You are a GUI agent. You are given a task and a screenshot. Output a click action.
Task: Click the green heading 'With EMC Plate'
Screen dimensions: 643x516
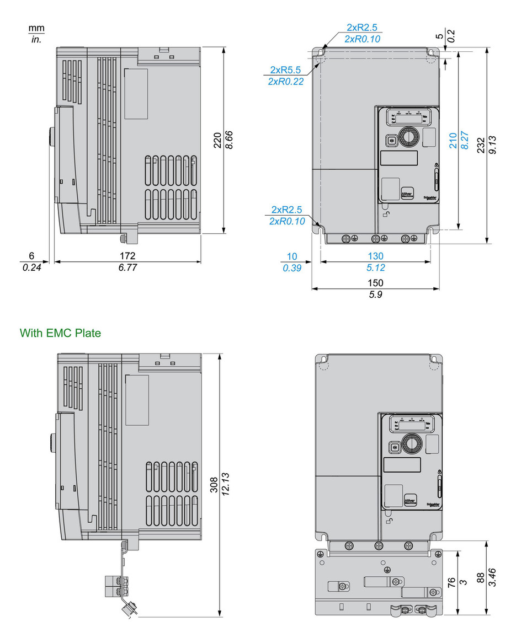click(60, 333)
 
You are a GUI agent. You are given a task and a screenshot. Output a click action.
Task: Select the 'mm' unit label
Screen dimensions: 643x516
click(36, 28)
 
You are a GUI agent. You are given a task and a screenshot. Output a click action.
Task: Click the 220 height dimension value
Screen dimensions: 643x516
click(217, 141)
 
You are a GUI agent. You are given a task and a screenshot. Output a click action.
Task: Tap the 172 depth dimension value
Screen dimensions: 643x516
click(127, 256)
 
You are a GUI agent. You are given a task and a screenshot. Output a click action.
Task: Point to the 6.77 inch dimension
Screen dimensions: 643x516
click(127, 268)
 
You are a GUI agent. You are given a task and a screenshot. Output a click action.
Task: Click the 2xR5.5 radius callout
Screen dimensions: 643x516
click(285, 70)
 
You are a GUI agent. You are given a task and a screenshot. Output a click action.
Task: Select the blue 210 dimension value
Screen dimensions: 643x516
click(453, 141)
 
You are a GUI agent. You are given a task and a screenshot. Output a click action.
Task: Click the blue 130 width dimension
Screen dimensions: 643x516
click(375, 256)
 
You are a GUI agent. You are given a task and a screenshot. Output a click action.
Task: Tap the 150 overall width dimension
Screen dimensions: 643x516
click(375, 282)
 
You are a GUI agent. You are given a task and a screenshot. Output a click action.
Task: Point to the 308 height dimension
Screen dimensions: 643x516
click(214, 486)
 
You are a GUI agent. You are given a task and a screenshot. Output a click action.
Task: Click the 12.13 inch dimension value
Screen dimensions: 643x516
click(226, 486)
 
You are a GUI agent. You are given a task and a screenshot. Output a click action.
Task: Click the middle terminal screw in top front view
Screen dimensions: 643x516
click(376, 238)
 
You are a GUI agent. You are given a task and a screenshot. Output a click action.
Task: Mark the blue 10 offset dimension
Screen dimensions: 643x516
click(292, 256)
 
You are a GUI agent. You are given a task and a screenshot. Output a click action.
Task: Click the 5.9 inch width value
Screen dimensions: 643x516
click(375, 295)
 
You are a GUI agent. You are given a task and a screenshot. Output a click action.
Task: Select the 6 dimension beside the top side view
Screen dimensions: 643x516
click(31, 256)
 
